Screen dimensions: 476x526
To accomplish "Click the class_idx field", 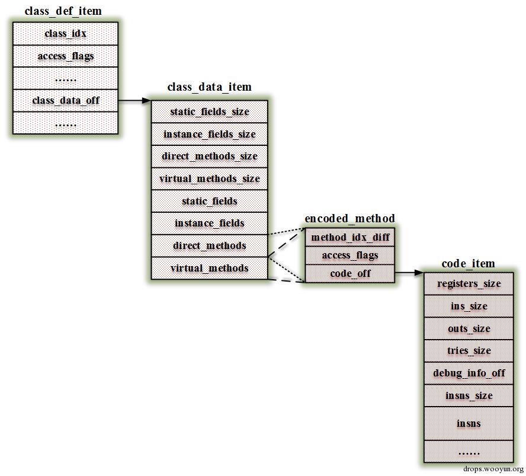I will click(x=65, y=34).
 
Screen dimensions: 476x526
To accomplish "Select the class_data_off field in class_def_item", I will click(x=65, y=100).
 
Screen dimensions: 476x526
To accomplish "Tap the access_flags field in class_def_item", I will click(x=65, y=56).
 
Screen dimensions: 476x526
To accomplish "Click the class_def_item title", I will click(x=63, y=11).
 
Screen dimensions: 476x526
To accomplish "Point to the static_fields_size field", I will click(x=210, y=112).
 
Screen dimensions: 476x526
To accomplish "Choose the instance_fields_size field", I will click(x=210, y=135).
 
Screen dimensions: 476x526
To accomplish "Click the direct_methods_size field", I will click(x=210, y=156).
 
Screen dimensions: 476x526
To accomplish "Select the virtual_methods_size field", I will click(x=210, y=178).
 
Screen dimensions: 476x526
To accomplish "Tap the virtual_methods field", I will click(x=210, y=268).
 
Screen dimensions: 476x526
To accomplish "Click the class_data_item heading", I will click(x=209, y=87).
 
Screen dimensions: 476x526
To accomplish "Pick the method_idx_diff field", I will click(x=350, y=238).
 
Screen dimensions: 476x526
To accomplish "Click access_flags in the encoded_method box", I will click(x=350, y=255).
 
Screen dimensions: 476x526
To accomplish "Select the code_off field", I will click(x=350, y=273).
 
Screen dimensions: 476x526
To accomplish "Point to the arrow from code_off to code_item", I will click(x=409, y=273).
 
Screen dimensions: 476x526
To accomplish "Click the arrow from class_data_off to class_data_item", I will click(x=134, y=101).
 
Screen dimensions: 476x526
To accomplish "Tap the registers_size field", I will click(x=469, y=284).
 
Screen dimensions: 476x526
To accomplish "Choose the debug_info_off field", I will click(x=469, y=373).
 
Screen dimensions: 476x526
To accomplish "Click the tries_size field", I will click(x=469, y=351).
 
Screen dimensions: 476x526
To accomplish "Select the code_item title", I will click(x=468, y=264).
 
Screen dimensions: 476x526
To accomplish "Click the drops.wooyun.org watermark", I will click(x=493, y=469).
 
